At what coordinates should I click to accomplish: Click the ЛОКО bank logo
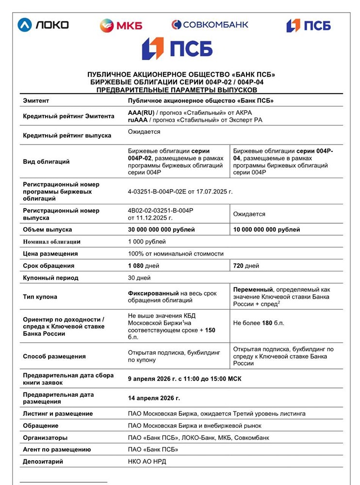(43, 24)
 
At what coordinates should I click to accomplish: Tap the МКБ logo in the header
(121, 25)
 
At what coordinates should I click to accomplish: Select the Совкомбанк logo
(210, 24)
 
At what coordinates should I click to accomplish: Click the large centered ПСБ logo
(177, 48)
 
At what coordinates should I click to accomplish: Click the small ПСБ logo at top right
(308, 25)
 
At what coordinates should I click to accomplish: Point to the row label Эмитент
(36, 101)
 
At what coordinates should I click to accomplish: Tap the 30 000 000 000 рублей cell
(162, 229)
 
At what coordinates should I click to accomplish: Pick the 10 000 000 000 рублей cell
(266, 229)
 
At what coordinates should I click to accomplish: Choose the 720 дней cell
(246, 266)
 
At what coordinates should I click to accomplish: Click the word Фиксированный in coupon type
(153, 293)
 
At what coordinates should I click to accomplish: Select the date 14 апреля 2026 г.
(154, 398)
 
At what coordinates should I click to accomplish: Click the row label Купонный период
(50, 278)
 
